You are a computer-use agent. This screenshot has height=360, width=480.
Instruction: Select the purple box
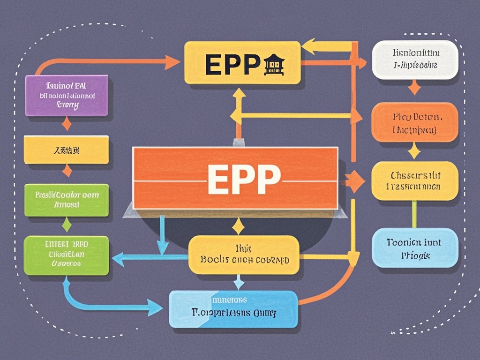[66, 96]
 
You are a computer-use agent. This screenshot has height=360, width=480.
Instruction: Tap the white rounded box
[414, 60]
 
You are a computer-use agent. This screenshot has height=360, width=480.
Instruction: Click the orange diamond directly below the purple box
[67, 124]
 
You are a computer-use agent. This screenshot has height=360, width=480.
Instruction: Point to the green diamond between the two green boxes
[67, 224]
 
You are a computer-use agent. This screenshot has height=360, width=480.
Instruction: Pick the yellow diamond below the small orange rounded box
[414, 151]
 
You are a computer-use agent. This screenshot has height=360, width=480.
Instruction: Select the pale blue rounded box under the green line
[414, 247]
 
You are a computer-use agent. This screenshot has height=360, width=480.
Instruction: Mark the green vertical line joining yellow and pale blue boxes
[414, 214]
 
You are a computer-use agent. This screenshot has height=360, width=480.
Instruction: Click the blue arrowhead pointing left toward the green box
[118, 257]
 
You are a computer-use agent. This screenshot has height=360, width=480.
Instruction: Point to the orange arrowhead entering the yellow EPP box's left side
[172, 60]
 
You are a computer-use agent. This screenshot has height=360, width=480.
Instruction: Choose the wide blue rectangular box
[233, 308]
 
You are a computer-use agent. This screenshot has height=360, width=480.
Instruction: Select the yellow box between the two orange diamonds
[66, 150]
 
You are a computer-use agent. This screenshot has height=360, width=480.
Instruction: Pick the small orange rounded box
[414, 122]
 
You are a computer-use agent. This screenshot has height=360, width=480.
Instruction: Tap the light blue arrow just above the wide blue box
[239, 282]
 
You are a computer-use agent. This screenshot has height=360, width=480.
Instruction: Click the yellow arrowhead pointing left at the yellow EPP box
[307, 46]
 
